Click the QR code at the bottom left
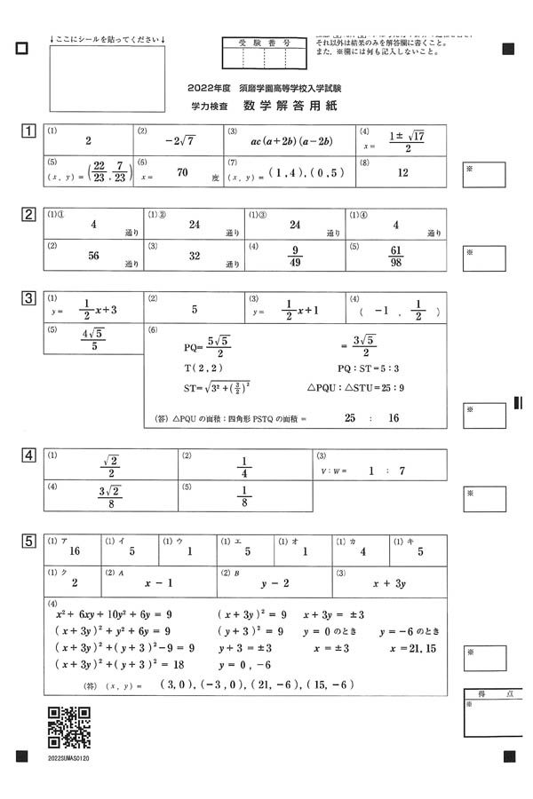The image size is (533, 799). tap(68, 727)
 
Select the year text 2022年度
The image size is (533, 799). tap(210, 90)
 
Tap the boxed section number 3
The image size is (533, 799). tap(29, 298)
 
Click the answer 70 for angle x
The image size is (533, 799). tap(182, 174)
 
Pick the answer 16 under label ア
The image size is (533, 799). tap(74, 551)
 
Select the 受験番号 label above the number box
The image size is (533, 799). tap(264, 42)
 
